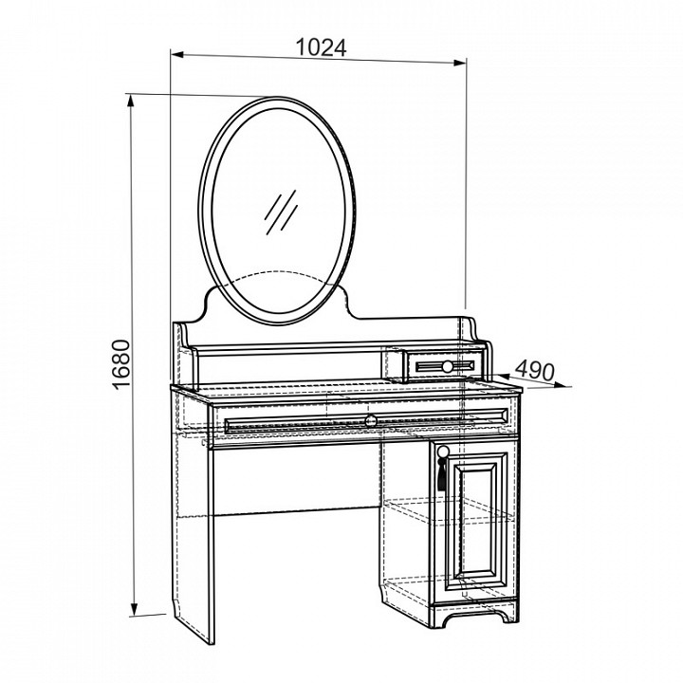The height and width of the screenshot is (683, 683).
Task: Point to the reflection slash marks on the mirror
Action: pos(282,212)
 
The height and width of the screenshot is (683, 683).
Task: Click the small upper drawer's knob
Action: pos(448,365)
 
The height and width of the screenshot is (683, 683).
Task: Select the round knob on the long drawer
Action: pos(370,418)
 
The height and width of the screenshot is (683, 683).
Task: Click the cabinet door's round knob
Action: pos(442,451)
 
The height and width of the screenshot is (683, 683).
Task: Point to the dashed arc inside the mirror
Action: pos(280,278)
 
